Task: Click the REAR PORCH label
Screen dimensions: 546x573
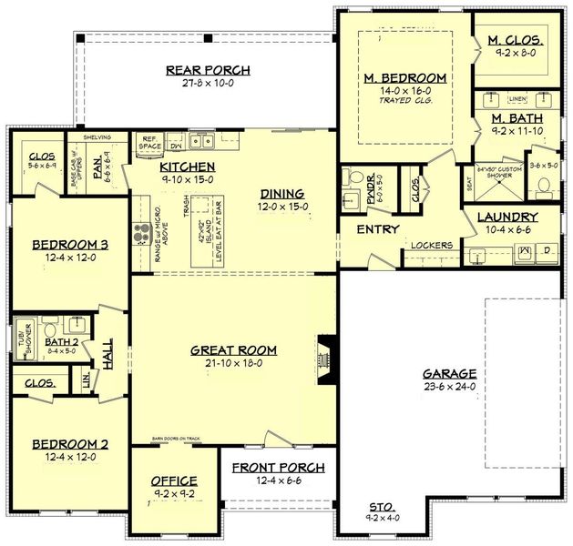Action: click(208, 70)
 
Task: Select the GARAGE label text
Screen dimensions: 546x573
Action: click(449, 373)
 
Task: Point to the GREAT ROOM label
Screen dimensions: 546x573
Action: click(234, 349)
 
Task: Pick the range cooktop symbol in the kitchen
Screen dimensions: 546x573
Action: click(141, 234)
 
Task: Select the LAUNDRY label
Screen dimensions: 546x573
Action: click(507, 217)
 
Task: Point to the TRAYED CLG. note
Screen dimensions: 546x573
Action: click(406, 101)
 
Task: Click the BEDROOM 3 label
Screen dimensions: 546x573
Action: click(70, 245)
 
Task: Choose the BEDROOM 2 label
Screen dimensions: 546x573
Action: click(70, 443)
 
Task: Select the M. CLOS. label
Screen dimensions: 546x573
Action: click(516, 41)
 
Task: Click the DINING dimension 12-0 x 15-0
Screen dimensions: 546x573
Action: click(281, 207)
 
